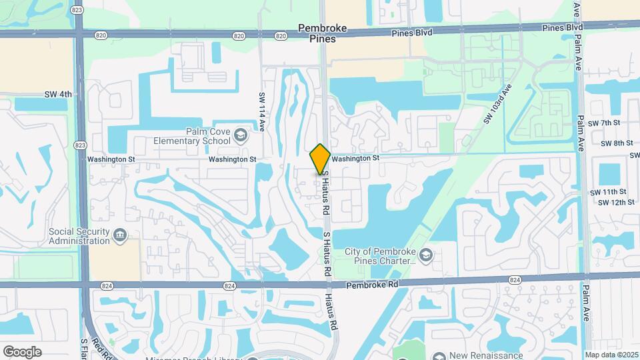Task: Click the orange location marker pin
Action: [320, 159]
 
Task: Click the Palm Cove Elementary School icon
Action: [239, 137]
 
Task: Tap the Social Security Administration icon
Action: [120, 235]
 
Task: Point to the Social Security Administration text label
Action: [79, 236]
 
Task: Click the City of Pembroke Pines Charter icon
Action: [427, 255]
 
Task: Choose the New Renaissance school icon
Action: [439, 356]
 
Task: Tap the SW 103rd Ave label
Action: [497, 104]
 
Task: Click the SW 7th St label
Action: [604, 123]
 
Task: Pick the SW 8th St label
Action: [616, 143]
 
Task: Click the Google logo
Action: [22, 351]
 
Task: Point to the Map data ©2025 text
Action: [611, 355]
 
